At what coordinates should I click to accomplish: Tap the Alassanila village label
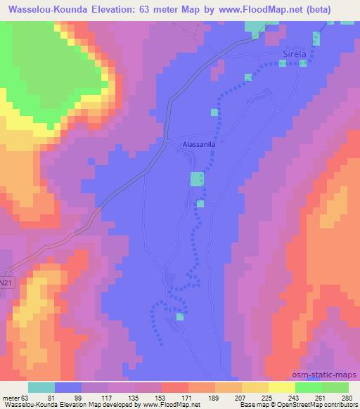click(194, 143)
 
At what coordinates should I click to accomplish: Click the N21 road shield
click(6, 281)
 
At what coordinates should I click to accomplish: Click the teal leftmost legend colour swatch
click(41, 387)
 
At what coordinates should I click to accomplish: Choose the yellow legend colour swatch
click(282, 387)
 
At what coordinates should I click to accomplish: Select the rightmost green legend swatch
click(335, 387)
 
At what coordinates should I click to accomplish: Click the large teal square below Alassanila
click(197, 179)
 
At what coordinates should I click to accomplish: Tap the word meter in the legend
click(9, 398)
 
